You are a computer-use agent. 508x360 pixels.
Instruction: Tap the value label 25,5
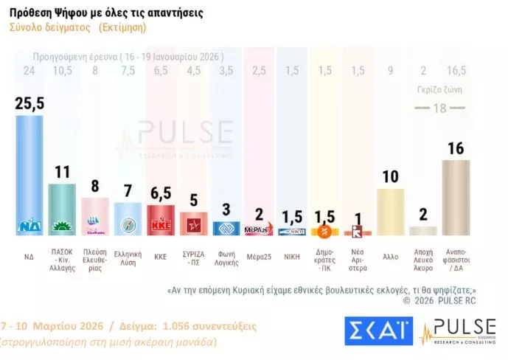pyautogui.click(x=29, y=103)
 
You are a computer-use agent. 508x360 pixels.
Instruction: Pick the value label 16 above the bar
pyautogui.click(x=455, y=149)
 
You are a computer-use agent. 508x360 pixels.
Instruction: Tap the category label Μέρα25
pyautogui.click(x=259, y=257)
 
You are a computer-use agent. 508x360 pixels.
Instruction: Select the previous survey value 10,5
pyautogui.click(x=63, y=71)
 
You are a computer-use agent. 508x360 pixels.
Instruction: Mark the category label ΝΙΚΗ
pyautogui.click(x=292, y=257)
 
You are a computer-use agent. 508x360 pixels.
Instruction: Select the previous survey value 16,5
pyautogui.click(x=455, y=71)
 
